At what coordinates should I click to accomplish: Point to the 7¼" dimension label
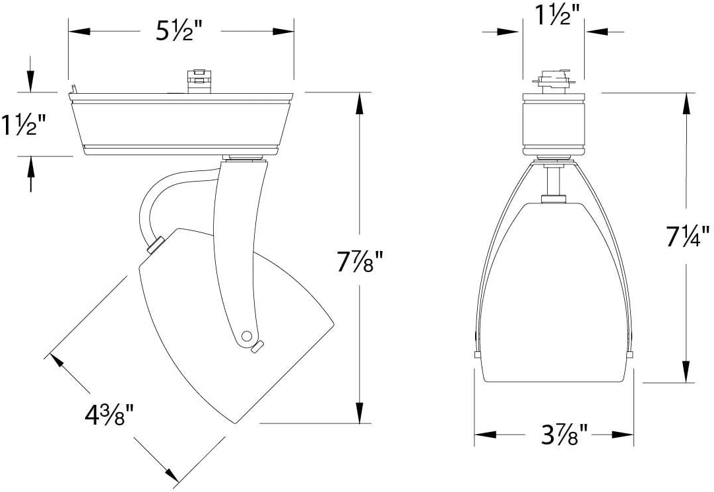click(688, 236)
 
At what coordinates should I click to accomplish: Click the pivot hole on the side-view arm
click(246, 336)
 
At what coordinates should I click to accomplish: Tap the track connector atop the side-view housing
click(199, 81)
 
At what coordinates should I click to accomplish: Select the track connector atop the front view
click(553, 81)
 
